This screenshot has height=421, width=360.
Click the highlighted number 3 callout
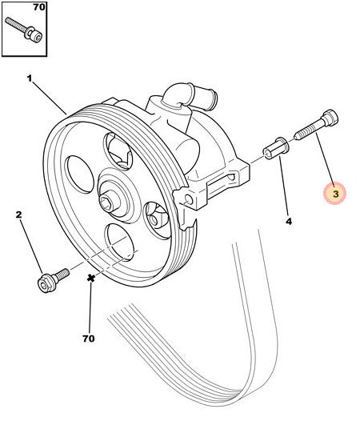coord(335,192)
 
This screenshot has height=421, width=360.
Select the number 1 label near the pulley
coord(30,78)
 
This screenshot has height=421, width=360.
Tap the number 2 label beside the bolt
coord(18,215)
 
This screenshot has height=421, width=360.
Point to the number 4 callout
coord(289,221)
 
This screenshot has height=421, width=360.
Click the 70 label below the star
coord(89,339)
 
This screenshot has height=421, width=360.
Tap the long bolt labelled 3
coord(314,127)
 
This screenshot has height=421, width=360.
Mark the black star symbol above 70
coord(91,278)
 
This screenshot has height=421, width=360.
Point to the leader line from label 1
coord(50,97)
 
